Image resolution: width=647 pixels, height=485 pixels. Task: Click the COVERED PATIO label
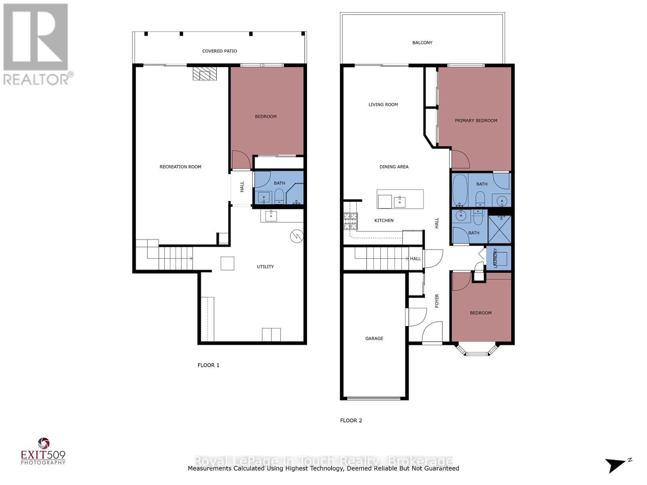[x=220, y=51]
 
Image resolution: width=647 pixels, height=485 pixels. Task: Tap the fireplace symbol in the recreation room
[x=205, y=74]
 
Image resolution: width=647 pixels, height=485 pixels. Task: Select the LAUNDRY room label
[x=495, y=258]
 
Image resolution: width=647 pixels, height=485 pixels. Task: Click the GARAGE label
[x=374, y=338]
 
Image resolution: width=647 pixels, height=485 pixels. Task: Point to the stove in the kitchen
[x=351, y=221]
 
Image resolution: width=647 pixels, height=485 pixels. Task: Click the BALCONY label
[x=422, y=42]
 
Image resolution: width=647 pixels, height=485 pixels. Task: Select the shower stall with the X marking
[x=500, y=229]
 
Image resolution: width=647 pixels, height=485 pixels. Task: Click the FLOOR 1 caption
[x=208, y=365]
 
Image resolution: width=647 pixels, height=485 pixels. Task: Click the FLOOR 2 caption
[x=351, y=420]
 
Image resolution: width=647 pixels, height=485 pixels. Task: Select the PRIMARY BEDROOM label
[x=476, y=120]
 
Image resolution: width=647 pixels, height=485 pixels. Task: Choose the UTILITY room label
[x=265, y=266]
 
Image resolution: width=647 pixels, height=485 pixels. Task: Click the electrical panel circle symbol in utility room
[x=297, y=236]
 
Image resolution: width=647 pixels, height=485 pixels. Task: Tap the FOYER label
[x=437, y=301]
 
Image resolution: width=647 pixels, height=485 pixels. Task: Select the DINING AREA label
[x=394, y=167]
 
